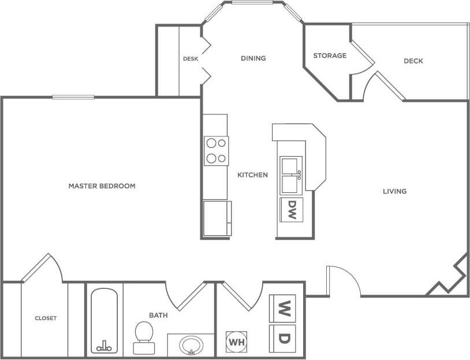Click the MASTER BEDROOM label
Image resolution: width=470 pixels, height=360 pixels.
coord(102,186)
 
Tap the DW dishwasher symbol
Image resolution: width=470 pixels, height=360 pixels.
coord(292,209)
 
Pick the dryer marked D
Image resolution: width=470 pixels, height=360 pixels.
coord(283,338)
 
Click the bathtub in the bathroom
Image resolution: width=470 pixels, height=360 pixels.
coord(105,321)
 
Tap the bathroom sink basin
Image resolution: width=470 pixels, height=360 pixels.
coord(191,345)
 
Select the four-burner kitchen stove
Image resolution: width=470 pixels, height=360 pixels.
coord(216,151)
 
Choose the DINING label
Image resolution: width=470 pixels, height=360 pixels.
coord(253,58)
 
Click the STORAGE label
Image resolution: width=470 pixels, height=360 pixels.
coord(330,55)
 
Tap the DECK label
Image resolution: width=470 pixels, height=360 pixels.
coord(413,61)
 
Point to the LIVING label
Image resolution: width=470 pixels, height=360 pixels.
coord(395,191)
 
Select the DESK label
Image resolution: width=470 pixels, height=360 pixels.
coord(191,59)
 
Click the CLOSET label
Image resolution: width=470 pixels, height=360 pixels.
coord(46,318)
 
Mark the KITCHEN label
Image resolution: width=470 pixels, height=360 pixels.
coord(252,175)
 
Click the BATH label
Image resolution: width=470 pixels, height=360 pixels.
coord(158,316)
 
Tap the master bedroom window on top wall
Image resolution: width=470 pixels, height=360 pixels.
coord(73,97)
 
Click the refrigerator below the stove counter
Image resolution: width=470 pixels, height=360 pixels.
coord(217,218)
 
